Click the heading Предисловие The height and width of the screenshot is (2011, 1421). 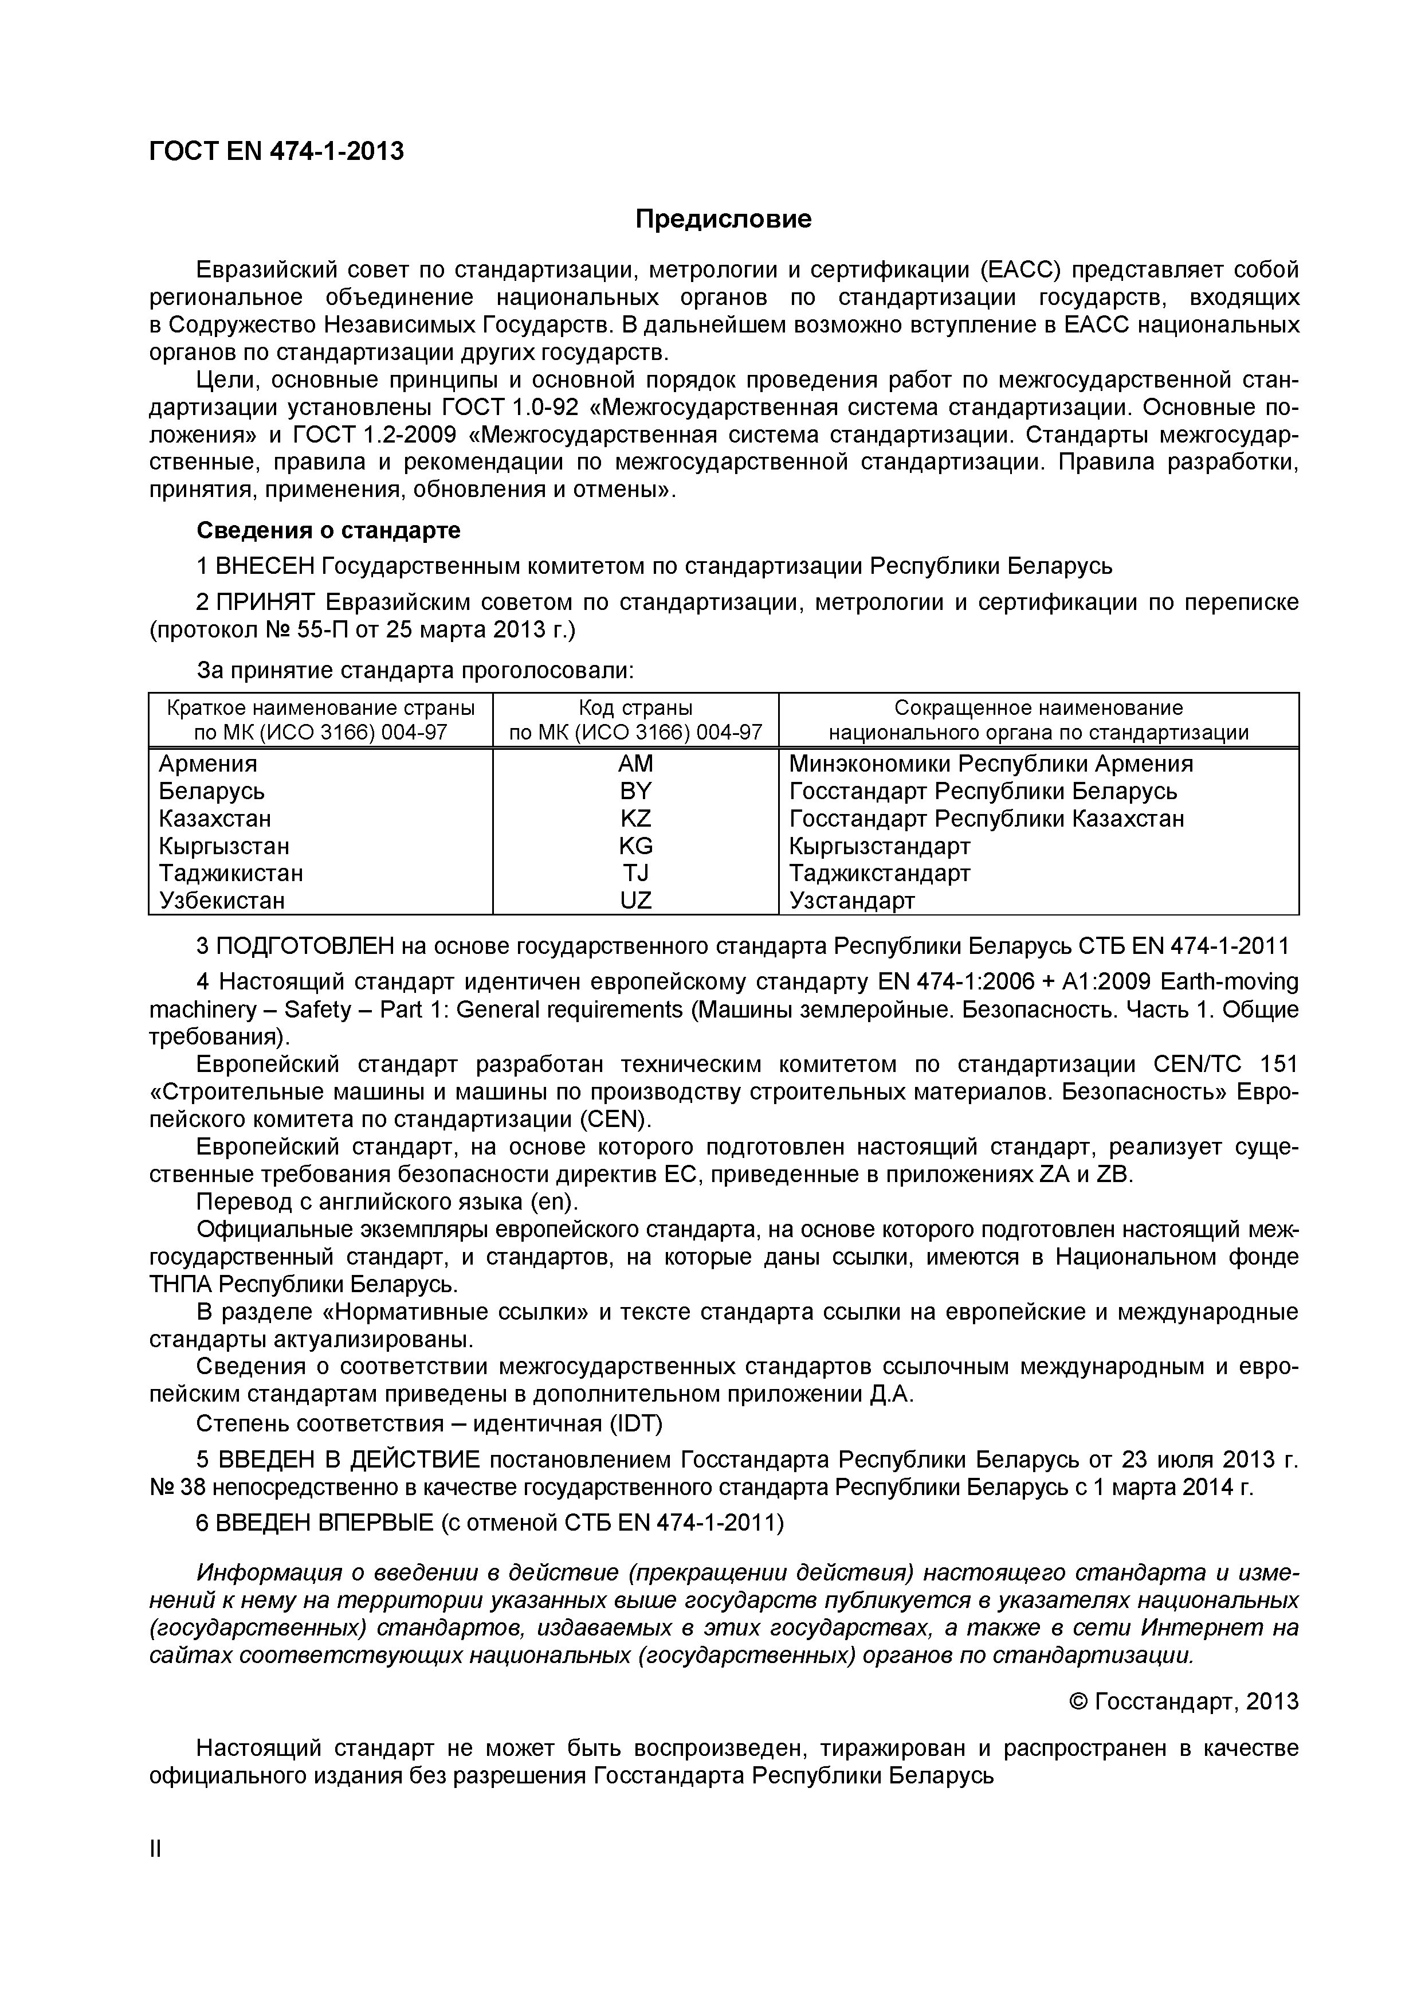click(x=723, y=219)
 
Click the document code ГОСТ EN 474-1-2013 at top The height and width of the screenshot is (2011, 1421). click(x=277, y=151)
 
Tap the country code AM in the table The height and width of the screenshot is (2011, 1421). click(x=635, y=763)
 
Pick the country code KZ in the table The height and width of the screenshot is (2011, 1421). click(x=635, y=818)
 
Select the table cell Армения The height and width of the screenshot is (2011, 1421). click(x=209, y=763)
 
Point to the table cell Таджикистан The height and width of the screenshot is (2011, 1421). click(x=231, y=873)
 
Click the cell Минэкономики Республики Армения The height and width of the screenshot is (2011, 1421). click(x=990, y=763)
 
